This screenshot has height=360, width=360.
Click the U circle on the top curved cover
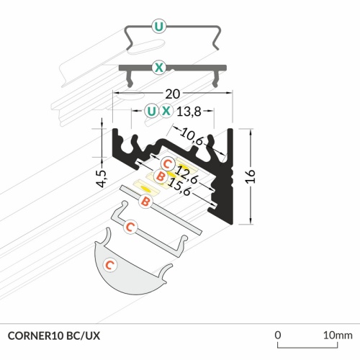coord(158,28)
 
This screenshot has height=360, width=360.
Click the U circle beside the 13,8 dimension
coord(150,111)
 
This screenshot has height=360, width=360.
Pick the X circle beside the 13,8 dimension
coord(167,111)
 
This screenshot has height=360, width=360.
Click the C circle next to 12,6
coord(166,162)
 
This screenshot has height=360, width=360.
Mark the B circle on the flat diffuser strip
coord(144,203)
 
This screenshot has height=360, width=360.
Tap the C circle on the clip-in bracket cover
coord(130,228)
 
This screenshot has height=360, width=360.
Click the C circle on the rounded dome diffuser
coord(109,265)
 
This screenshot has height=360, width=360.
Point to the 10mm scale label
coord(337,336)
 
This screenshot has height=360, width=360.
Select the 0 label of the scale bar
coord(278,336)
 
